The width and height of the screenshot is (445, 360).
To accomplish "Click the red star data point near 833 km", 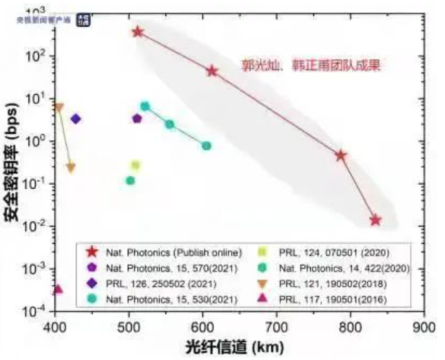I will click(x=375, y=221).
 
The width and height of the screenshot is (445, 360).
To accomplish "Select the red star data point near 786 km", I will click(x=341, y=155).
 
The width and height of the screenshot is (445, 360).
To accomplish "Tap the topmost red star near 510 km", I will click(x=138, y=32).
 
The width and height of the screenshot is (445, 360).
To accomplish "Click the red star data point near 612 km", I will click(x=212, y=71).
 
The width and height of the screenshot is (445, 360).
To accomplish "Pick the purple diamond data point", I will click(x=76, y=119).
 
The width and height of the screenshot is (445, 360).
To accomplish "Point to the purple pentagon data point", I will click(x=137, y=119).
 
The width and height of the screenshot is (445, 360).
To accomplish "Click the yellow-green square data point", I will click(x=136, y=165).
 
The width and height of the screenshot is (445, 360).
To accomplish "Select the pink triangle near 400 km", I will click(x=58, y=289).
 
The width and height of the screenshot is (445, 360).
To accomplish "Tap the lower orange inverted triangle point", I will click(x=71, y=168).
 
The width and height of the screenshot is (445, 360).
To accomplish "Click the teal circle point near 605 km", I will click(x=206, y=146).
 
